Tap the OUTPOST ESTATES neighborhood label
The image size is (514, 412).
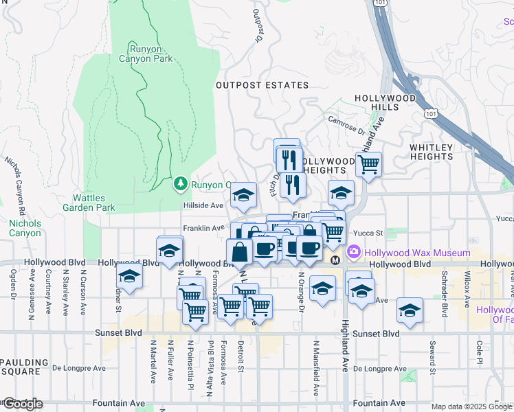pyautogui.click(x=262, y=85)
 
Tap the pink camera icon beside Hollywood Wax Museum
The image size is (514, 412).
pyautogui.click(x=354, y=252)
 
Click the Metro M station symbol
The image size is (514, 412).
pyautogui.click(x=335, y=261)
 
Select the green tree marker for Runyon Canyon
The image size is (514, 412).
pyautogui.click(x=180, y=183)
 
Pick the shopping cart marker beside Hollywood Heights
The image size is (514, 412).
pyautogui.click(x=369, y=164)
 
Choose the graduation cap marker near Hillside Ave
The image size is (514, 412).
pyautogui.click(x=243, y=197)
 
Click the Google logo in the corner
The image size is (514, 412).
pyautogui.click(x=22, y=404)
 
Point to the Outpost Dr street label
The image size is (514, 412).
pyautogui.click(x=258, y=25)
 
